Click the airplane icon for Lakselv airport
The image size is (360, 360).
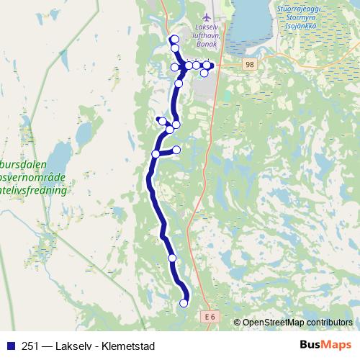point(208,16)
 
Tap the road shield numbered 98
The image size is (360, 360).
point(249,65)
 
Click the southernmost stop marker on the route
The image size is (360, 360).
point(184,303)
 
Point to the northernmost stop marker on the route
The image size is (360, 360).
point(174,39)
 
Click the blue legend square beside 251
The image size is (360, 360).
point(10,344)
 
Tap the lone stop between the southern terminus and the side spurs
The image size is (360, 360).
point(172,258)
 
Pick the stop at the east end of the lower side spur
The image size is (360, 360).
point(176,149)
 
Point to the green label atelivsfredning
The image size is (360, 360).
point(34,192)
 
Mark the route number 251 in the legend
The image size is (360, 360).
point(31,344)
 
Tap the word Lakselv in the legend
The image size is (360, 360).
point(73,344)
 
